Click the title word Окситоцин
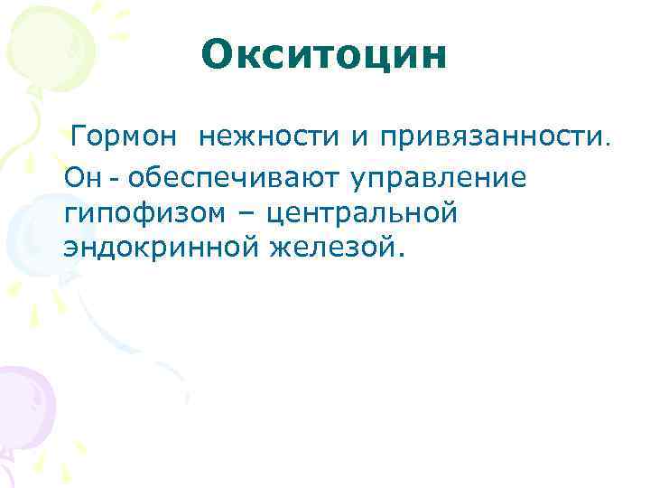click(x=324, y=54)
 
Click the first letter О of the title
click(x=217, y=54)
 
